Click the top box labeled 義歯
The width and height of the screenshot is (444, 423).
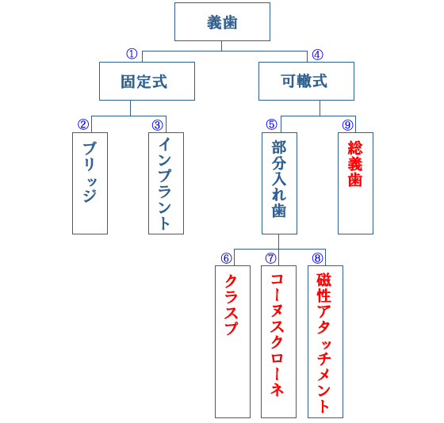[222, 21]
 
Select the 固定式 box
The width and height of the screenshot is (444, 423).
[147, 81]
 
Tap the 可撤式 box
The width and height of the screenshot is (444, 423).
[305, 81]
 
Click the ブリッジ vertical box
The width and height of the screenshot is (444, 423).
[90, 182]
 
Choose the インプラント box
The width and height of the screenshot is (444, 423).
[166, 182]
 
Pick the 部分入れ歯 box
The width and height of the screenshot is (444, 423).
[279, 182]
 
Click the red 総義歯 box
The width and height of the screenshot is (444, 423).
[355, 182]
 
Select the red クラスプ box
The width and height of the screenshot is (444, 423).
[232, 341]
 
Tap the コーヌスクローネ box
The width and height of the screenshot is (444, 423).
[278, 341]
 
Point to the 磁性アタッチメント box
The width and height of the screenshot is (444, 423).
[325, 341]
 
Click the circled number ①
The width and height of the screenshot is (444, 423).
[132, 54]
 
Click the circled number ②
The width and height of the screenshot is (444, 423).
[82, 124]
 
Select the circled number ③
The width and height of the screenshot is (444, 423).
[157, 124]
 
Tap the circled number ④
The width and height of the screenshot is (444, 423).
[317, 55]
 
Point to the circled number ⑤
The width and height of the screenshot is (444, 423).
[272, 124]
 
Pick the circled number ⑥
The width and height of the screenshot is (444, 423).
[226, 258]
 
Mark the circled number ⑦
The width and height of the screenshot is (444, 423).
[271, 258]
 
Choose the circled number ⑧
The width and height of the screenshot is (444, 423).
[318, 258]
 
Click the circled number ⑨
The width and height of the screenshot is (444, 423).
[347, 124]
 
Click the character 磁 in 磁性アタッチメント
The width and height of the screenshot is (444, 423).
[324, 280]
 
